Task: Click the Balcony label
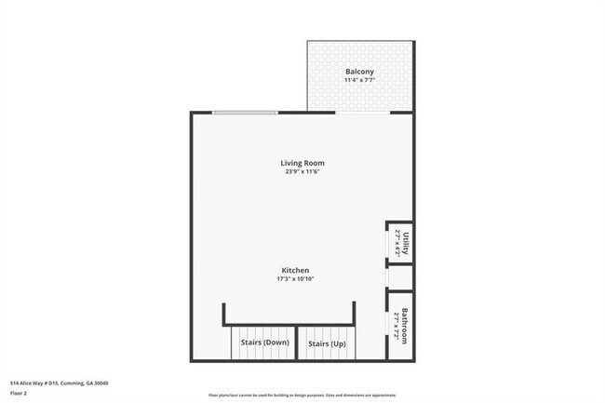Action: [x=359, y=72]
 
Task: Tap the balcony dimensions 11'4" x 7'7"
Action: [x=359, y=81]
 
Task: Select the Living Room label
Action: [x=303, y=163]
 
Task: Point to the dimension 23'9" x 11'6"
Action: [x=303, y=172]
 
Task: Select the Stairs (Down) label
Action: [x=264, y=343]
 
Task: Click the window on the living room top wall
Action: [x=244, y=113]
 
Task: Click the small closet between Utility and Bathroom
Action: [x=400, y=277]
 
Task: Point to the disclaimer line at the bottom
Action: [x=302, y=395]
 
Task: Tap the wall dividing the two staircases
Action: [x=296, y=343]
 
